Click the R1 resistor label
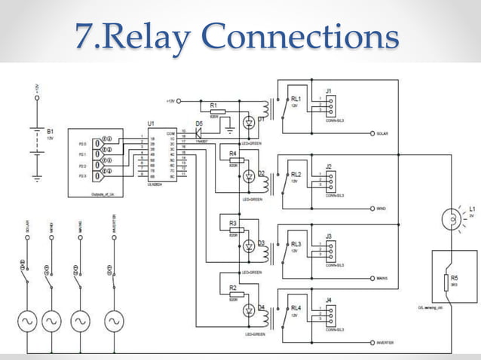coord(213,105)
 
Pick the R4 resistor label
coord(232,153)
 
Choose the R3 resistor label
coord(232,223)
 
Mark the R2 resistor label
coord(232,288)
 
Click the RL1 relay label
coord(296,98)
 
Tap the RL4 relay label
coord(296,308)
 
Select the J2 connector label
coord(329,166)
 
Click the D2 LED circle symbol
coord(247,176)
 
